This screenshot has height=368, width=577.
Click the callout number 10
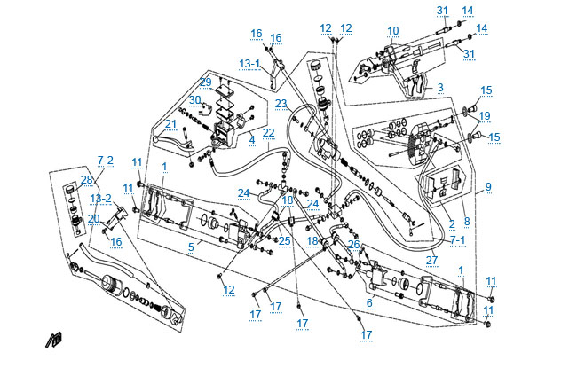pyautogui.click(x=392, y=31)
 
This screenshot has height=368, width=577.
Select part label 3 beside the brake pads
pyautogui.click(x=439, y=88)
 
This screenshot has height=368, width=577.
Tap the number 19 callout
pyautogui.click(x=485, y=115)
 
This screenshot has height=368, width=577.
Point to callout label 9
pyautogui.click(x=487, y=187)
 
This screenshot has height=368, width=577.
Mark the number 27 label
pyautogui.click(x=432, y=260)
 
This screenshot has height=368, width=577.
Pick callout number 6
pyautogui.click(x=368, y=302)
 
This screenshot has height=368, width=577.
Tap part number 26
pyautogui.click(x=354, y=245)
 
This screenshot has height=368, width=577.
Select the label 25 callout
pyautogui.click(x=285, y=240)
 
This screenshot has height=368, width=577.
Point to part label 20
pyautogui.click(x=94, y=218)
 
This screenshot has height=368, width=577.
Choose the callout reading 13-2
pyautogui.click(x=102, y=199)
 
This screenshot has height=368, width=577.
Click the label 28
pyautogui.click(x=86, y=180)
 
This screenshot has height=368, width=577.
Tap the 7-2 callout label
pyautogui.click(x=106, y=161)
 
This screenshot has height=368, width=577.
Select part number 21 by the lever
pyautogui.click(x=170, y=124)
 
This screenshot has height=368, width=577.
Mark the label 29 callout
pyautogui.click(x=205, y=82)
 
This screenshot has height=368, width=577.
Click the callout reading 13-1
pyautogui.click(x=249, y=64)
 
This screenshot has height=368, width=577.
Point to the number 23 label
pyautogui.click(x=281, y=104)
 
